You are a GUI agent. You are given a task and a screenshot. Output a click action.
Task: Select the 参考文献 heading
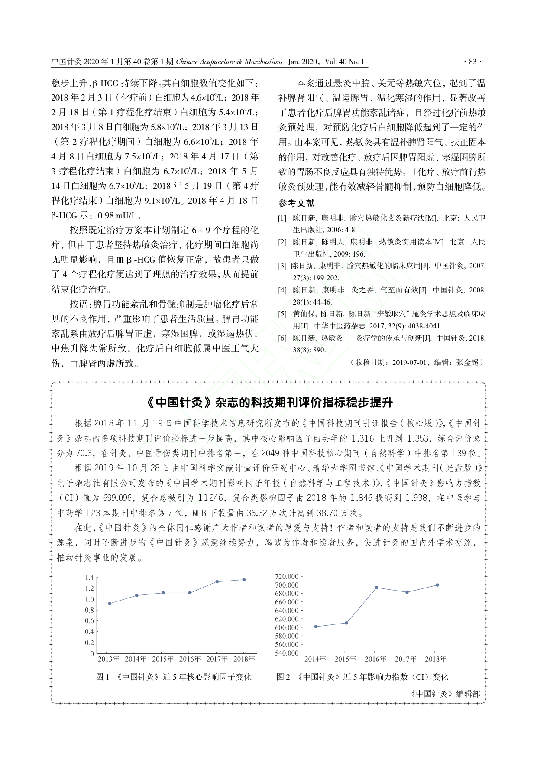tap(296, 203)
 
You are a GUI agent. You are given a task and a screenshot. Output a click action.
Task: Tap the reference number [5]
tap(282, 314)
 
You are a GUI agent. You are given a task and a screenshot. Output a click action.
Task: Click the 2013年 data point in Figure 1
tap(110, 603)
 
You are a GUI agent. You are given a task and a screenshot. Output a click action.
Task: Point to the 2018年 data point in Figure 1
tap(244, 580)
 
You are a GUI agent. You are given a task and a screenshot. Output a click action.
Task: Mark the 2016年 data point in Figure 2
tap(376, 588)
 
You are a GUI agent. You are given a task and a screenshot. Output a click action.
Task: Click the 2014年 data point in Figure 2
tap(316, 627)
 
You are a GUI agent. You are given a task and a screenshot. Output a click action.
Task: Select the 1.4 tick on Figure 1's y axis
tap(89, 577)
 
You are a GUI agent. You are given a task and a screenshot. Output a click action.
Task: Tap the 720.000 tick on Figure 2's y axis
tap(287, 576)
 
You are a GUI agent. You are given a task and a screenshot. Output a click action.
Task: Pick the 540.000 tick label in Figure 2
tap(287, 653)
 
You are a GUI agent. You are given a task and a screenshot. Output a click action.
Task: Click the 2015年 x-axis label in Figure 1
tap(163, 659)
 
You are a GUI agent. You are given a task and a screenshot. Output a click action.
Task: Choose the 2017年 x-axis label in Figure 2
tap(405, 659)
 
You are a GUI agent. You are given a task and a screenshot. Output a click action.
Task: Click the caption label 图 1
tap(103, 677)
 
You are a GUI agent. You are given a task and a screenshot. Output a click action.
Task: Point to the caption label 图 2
tap(283, 677)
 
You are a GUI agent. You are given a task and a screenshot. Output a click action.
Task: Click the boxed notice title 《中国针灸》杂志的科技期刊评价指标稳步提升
tap(269, 403)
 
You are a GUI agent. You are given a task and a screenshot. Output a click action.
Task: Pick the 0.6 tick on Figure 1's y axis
tap(89, 621)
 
